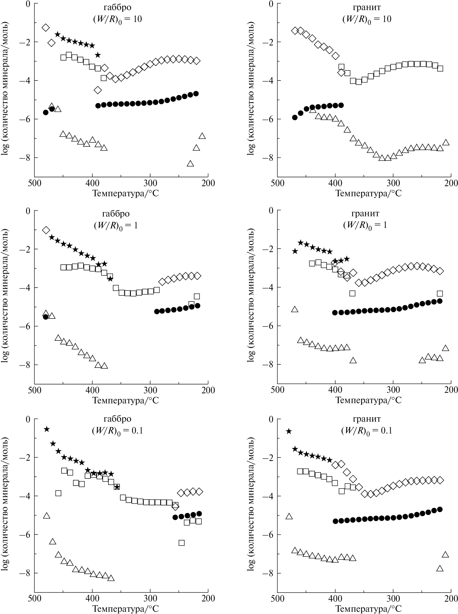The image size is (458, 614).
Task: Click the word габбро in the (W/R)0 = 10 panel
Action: [x=117, y=7]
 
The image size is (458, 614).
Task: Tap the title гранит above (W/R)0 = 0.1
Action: [x=367, y=419]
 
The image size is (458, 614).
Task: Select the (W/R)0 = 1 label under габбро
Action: [x=116, y=225]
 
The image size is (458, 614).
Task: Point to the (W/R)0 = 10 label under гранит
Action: [x=367, y=19]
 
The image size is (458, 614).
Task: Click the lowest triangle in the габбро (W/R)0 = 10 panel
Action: [x=190, y=163]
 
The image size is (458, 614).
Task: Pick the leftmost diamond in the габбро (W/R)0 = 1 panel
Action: [x=46, y=230]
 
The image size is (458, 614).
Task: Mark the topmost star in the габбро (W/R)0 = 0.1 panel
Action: [x=47, y=429]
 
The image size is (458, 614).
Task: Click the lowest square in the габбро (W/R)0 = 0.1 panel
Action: [x=182, y=542]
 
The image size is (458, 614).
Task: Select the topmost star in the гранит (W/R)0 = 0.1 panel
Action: [x=289, y=431]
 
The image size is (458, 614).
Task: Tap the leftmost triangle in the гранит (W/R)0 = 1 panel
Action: [x=295, y=309]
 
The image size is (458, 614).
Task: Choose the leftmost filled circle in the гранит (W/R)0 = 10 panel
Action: [x=295, y=118]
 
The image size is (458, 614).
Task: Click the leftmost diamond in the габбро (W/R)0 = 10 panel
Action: [x=46, y=27]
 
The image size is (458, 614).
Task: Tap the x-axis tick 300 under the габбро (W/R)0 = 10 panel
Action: [x=150, y=183]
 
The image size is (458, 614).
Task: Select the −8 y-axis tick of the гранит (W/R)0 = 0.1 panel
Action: [x=270, y=573]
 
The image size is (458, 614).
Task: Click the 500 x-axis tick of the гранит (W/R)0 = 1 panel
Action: [x=277, y=390]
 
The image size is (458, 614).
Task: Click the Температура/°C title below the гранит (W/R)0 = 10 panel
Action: [x=369, y=193]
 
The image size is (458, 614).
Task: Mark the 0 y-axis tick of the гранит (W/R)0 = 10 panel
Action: [x=271, y=4]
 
